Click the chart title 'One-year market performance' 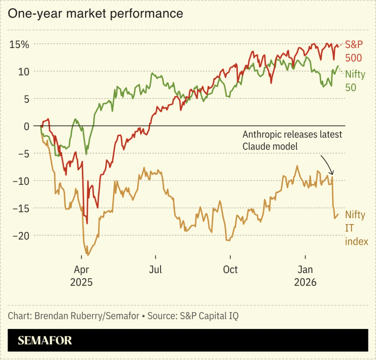pos(95,14)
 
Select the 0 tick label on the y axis pos(26,126)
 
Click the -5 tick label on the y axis pos(23,154)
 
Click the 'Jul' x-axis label pos(155,269)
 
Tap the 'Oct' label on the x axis pos(230,269)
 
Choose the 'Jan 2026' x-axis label pos(305,276)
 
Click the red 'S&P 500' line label pos(354,51)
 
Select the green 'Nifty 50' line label pos(355,80)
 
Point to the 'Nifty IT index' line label pos(356,228)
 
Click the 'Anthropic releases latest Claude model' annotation pos(292,140)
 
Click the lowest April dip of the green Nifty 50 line pos(86,154)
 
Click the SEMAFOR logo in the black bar pos(45,340)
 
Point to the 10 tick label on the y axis pos(23,72)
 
